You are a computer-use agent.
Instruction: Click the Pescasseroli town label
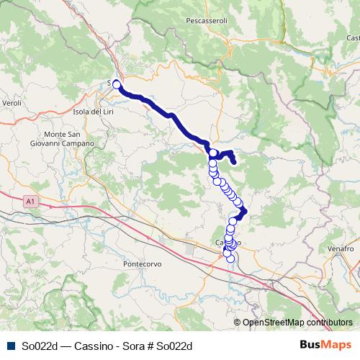(206, 21)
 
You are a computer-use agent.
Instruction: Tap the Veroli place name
(12, 104)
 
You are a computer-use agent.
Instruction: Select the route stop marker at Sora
(116, 84)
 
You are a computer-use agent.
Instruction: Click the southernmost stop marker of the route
(230, 259)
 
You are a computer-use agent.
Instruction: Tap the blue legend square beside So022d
(9, 346)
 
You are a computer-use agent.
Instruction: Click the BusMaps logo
(326, 345)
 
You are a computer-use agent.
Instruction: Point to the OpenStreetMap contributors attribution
(297, 323)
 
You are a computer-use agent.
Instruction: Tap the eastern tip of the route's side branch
(235, 161)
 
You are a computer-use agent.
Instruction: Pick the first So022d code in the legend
(39, 346)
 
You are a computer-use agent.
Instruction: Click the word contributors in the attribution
(330, 323)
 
